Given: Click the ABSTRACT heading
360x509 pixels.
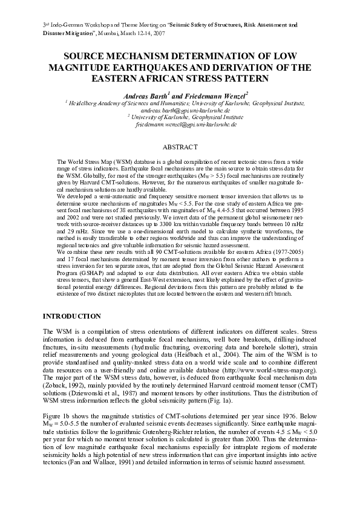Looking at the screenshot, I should tap(180, 147).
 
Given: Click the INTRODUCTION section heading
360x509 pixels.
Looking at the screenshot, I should tap(71, 316).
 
